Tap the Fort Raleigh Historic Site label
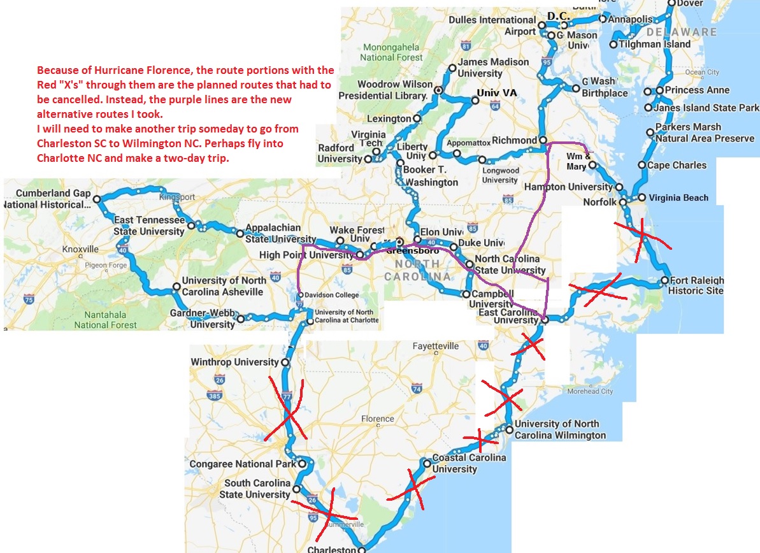click(696, 285)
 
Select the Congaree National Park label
click(243, 464)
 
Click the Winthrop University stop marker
click(285, 362)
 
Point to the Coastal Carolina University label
click(469, 463)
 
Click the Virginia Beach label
click(678, 197)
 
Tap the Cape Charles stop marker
click(642, 166)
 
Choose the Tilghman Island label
click(654, 44)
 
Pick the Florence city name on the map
click(377, 419)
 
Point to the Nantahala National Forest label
click(105, 319)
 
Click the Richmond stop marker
click(542, 140)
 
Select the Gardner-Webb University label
click(203, 319)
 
